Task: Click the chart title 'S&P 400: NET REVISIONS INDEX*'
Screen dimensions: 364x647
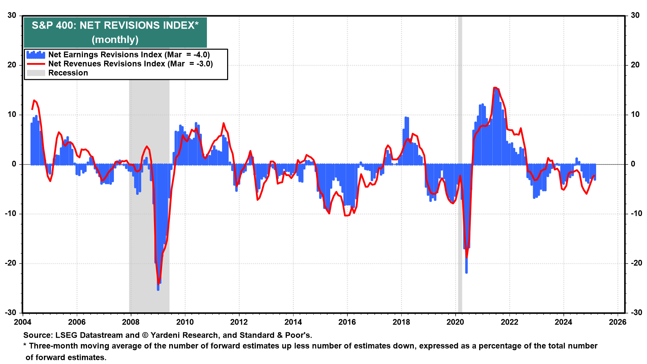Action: click(115, 26)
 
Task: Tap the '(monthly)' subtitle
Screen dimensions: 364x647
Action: click(115, 40)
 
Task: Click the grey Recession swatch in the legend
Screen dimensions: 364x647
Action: click(36, 73)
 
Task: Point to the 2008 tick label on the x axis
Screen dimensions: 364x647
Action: click(131, 322)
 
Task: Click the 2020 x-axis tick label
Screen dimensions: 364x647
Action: click(455, 322)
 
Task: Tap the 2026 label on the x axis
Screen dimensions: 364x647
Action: click(617, 322)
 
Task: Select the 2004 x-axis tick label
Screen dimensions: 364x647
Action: click(23, 322)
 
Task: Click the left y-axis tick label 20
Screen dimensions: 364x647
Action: click(12, 65)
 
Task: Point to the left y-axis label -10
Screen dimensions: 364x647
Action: click(11, 214)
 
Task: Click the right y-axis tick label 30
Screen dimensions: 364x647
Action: click(635, 16)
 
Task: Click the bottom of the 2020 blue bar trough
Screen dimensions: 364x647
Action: click(466, 272)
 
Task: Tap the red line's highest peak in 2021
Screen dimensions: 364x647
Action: click(494, 88)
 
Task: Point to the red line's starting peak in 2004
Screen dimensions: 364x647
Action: click(34, 100)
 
